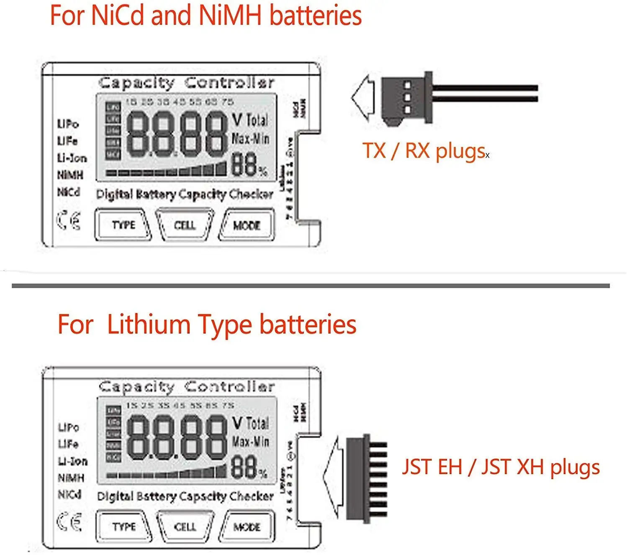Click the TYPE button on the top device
[x=123, y=225]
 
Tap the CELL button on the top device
[x=185, y=225]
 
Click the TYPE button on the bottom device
[x=124, y=526]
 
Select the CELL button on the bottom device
[x=185, y=526]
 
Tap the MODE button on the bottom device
[x=247, y=527]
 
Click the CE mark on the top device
[x=69, y=221]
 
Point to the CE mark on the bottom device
[x=69, y=522]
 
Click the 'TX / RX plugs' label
[x=424, y=151]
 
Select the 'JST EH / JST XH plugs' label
[x=501, y=467]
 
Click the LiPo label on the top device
[x=68, y=124]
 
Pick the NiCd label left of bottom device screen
[x=69, y=495]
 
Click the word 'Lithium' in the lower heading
[x=149, y=325]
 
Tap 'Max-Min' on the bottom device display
[x=250, y=441]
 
